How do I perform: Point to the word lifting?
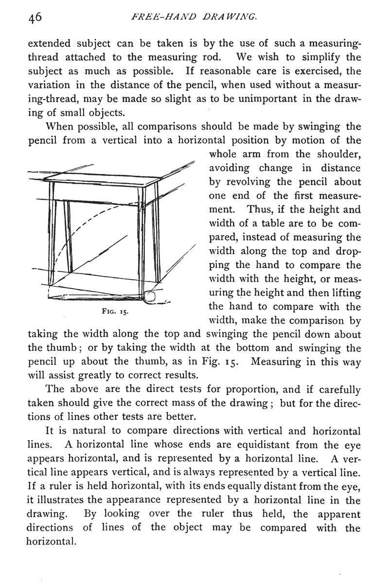pyautogui.click(x=343, y=293)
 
